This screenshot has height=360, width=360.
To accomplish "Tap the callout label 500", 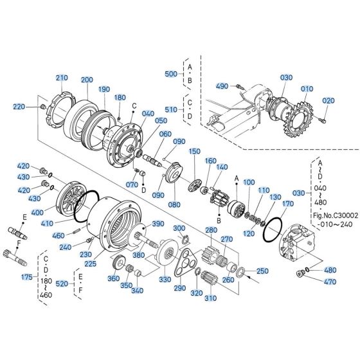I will click(170, 75).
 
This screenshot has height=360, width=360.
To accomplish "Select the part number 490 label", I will click(222, 85).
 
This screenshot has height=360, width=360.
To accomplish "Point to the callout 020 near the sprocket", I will click(328, 101).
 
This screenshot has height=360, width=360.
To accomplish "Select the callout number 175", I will click(26, 277).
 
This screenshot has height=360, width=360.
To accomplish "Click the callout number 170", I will click(287, 203).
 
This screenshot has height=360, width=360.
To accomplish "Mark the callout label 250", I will click(262, 271).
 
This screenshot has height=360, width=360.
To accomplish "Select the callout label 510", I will click(171, 109).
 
